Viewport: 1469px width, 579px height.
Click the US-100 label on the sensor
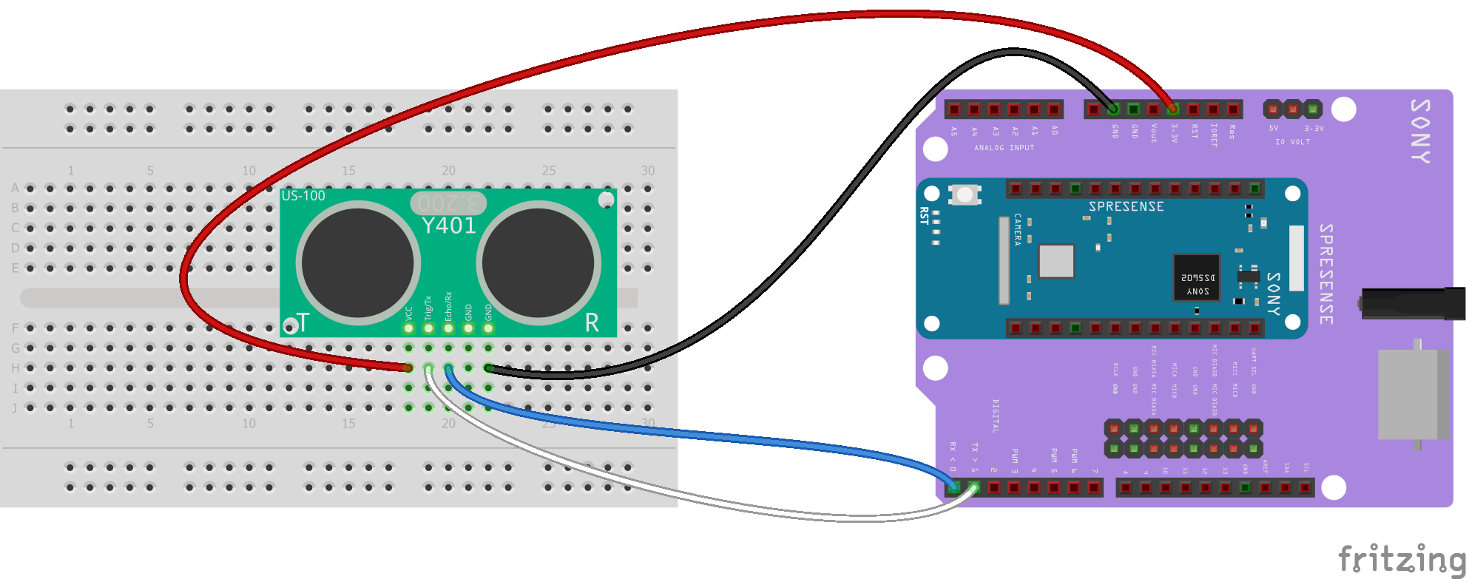303,196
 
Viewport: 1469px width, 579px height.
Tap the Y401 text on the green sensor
448,226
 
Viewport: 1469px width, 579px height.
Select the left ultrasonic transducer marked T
359,263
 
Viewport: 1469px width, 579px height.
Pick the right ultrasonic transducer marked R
538,263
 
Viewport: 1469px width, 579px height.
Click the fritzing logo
1402,559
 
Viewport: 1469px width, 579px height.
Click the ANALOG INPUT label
1004,148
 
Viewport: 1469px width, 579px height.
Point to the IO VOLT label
1292,142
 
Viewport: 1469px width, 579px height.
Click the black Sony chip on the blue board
1197,277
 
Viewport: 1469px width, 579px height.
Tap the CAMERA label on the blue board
1018,229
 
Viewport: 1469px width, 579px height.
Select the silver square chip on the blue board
1056,261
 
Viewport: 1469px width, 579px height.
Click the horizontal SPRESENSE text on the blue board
1126,207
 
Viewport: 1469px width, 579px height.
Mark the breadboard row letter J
15,407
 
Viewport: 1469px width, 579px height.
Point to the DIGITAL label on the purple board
996,416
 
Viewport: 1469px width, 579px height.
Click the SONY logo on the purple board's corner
1420,131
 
